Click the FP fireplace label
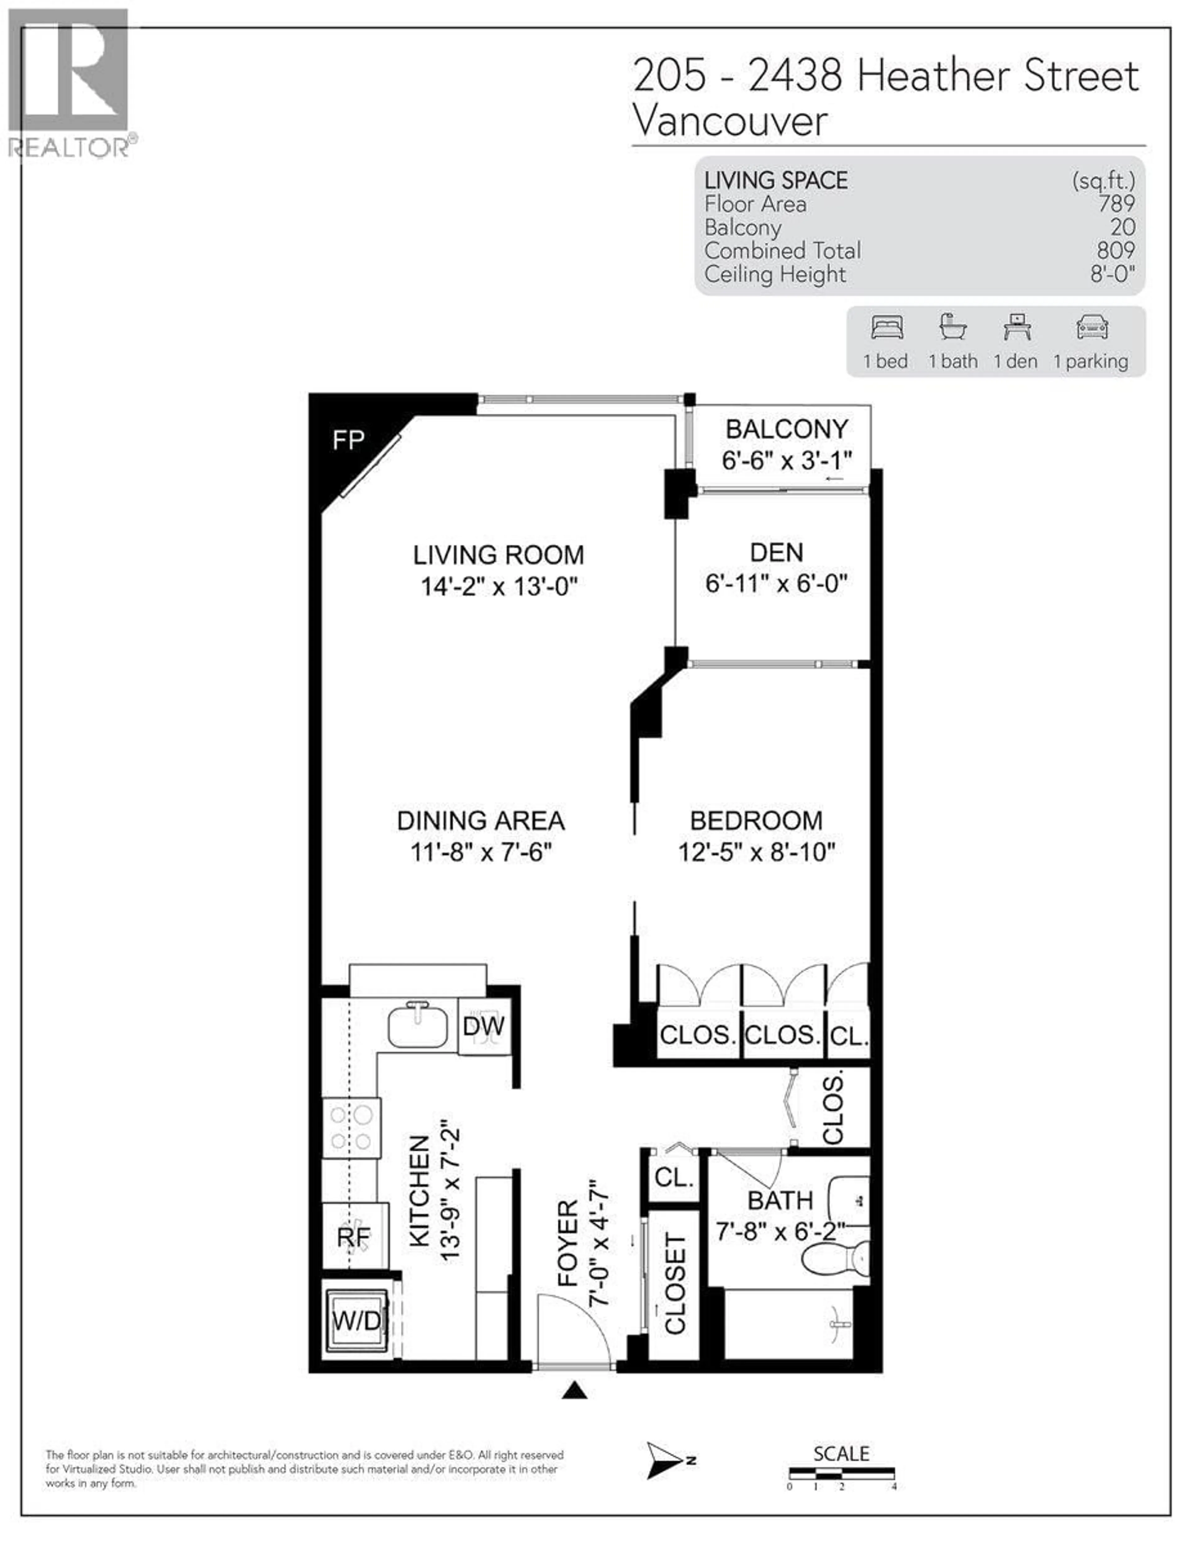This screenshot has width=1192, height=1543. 348,441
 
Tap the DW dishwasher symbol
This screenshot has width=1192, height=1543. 484,1026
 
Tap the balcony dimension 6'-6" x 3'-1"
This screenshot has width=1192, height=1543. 786,461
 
